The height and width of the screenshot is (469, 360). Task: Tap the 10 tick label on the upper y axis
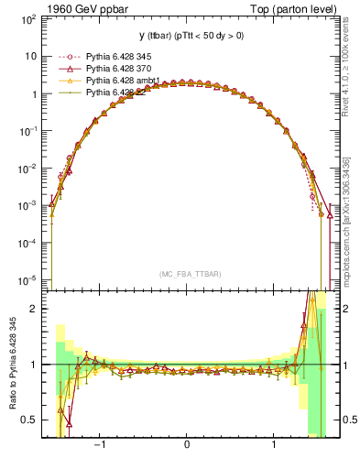(x=31, y=56)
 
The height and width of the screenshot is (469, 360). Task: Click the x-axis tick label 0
(x=187, y=448)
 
